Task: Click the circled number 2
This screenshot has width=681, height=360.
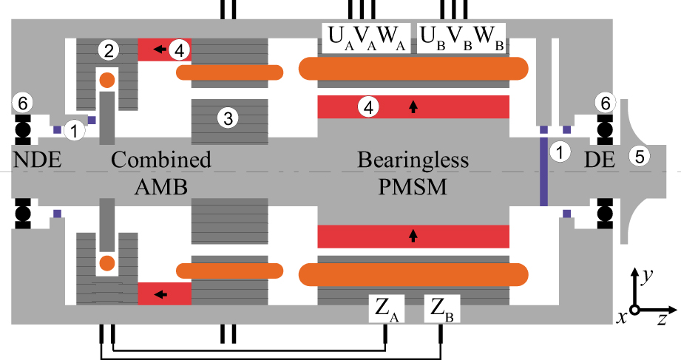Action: point(109,50)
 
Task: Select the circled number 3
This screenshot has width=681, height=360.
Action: point(228,117)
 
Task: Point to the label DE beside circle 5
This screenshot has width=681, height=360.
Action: point(600,160)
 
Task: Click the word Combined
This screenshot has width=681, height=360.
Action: point(161,160)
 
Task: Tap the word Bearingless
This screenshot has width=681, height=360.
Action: point(413,160)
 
